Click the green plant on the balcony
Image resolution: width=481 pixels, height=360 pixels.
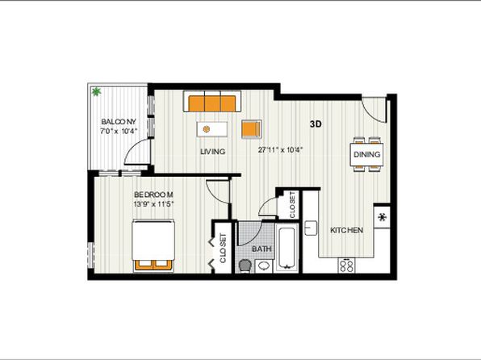coord(97,91)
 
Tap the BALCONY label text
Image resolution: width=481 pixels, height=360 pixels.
coord(119,122)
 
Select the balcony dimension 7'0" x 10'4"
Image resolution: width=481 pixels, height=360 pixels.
coord(119,132)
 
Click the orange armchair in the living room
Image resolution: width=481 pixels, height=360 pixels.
coord(252,129)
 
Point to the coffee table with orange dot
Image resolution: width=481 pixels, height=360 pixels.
coord(212,129)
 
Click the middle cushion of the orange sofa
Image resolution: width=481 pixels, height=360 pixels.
coord(212,103)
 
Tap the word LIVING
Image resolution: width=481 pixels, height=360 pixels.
coord(212,152)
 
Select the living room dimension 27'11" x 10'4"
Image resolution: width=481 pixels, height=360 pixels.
coord(280,150)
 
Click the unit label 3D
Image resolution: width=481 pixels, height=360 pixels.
coord(316,124)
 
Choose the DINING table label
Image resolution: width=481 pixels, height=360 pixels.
coord(367,154)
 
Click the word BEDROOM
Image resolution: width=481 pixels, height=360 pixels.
coord(153,195)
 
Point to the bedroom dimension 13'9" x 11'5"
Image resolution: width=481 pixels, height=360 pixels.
coord(153,203)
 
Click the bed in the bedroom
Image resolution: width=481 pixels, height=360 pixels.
coord(153,245)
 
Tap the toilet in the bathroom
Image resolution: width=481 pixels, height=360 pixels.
coord(245,266)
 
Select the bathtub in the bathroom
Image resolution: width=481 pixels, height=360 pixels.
coord(287,247)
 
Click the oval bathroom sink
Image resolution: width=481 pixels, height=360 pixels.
coord(264,266)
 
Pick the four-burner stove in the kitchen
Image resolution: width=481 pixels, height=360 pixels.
coord(347,266)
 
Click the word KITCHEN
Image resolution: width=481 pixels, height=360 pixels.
coord(347,230)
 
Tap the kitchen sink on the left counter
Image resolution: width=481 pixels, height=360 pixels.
coord(311,228)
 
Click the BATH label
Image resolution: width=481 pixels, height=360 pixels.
coord(261,249)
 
